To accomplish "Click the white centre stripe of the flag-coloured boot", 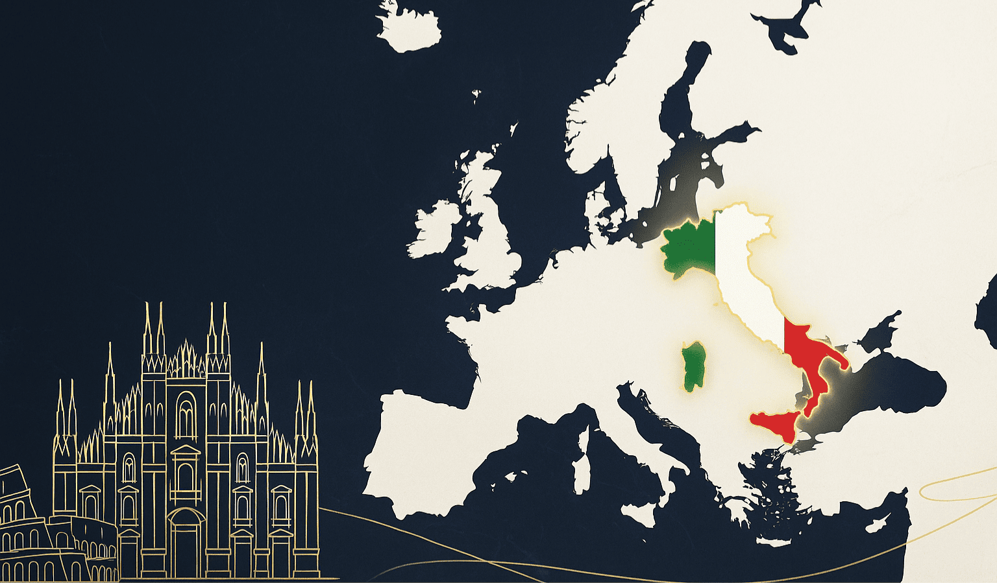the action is pos(743,272).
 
